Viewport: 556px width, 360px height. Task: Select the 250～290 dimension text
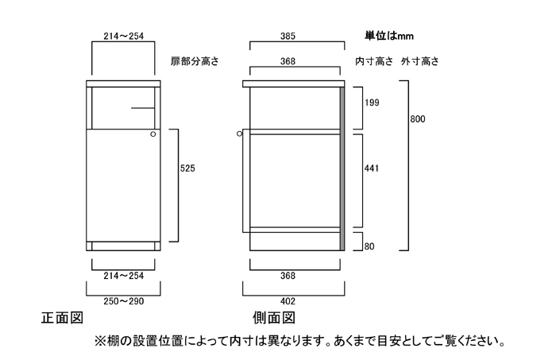coord(123,301)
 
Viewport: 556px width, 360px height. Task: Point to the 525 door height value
coord(187,168)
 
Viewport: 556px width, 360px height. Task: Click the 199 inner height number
coord(372,103)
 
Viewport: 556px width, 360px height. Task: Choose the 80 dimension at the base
coord(369,246)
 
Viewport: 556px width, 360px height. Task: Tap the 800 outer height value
coord(418,119)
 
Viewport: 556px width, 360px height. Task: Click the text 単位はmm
coord(390,36)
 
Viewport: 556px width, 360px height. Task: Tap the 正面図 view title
coord(62,319)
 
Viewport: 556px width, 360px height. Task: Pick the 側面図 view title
coord(273,319)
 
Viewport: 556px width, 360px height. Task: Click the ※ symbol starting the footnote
coord(99,342)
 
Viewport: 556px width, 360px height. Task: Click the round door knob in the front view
coord(153,135)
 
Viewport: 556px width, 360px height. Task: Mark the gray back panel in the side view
coord(342,167)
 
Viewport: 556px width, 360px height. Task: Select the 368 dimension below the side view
coord(288,276)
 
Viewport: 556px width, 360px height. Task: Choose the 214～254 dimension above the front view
coord(123,36)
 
